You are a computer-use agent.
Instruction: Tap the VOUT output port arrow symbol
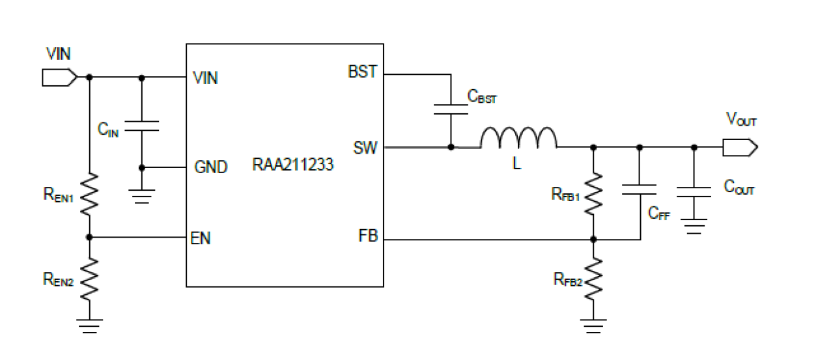[x=740, y=148]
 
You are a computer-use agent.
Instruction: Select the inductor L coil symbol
[x=518, y=139]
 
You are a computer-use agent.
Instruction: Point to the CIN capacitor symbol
[x=142, y=125]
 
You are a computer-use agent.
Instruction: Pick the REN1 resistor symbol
[x=89, y=193]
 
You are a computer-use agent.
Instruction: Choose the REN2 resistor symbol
[x=89, y=278]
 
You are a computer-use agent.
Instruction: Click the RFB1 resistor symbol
[x=593, y=193]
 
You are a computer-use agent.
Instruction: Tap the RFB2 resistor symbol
[x=593, y=279]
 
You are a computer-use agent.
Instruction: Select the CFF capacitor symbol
[x=639, y=189]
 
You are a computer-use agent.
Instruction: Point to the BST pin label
[x=362, y=72]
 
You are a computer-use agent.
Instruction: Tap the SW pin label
[x=365, y=148]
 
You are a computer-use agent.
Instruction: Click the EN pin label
[x=201, y=238]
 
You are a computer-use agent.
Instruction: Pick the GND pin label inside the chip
[x=211, y=167]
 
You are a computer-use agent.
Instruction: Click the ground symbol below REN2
[x=89, y=325]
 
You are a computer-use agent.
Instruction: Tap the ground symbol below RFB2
[x=593, y=325]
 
